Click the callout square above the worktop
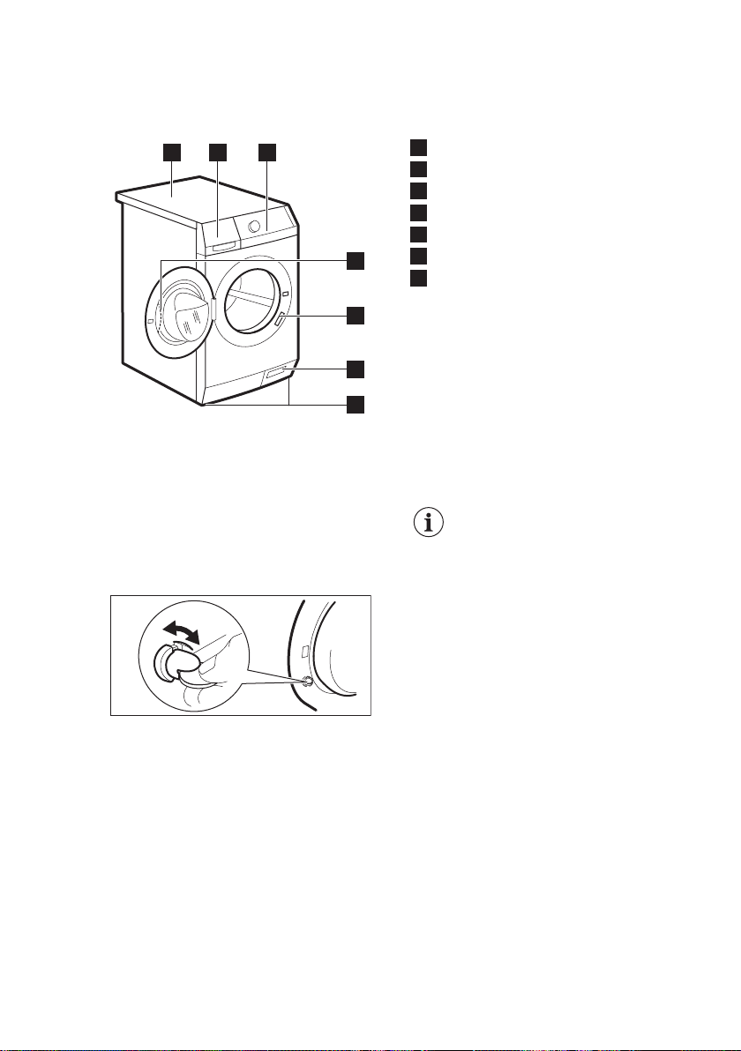tap(172, 153)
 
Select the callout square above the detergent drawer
tap(218, 153)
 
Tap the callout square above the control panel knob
tap(266, 153)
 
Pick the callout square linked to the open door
tap(355, 260)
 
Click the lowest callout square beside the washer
tap(355, 405)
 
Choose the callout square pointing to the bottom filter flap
tap(355, 368)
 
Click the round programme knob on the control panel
tap(256, 226)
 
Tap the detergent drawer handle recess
tap(224, 245)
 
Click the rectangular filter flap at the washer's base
tap(275, 376)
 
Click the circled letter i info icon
tap(430, 523)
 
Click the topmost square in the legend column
tap(419, 147)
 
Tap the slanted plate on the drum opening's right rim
tap(280, 319)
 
